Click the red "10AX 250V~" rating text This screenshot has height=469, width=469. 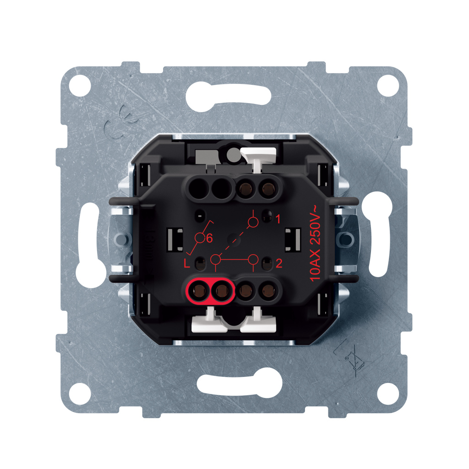click(x=315, y=243)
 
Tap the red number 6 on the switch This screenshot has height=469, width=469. click(x=209, y=238)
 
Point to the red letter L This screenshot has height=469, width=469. click(x=187, y=263)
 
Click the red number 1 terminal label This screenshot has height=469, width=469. click(x=278, y=219)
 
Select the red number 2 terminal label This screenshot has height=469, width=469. click(x=279, y=263)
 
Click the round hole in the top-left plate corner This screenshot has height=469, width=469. click(x=80, y=86)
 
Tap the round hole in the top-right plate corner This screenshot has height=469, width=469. click(x=388, y=85)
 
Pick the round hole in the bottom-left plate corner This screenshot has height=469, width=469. click(x=80, y=393)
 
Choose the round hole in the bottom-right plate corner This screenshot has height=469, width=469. click(x=388, y=393)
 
